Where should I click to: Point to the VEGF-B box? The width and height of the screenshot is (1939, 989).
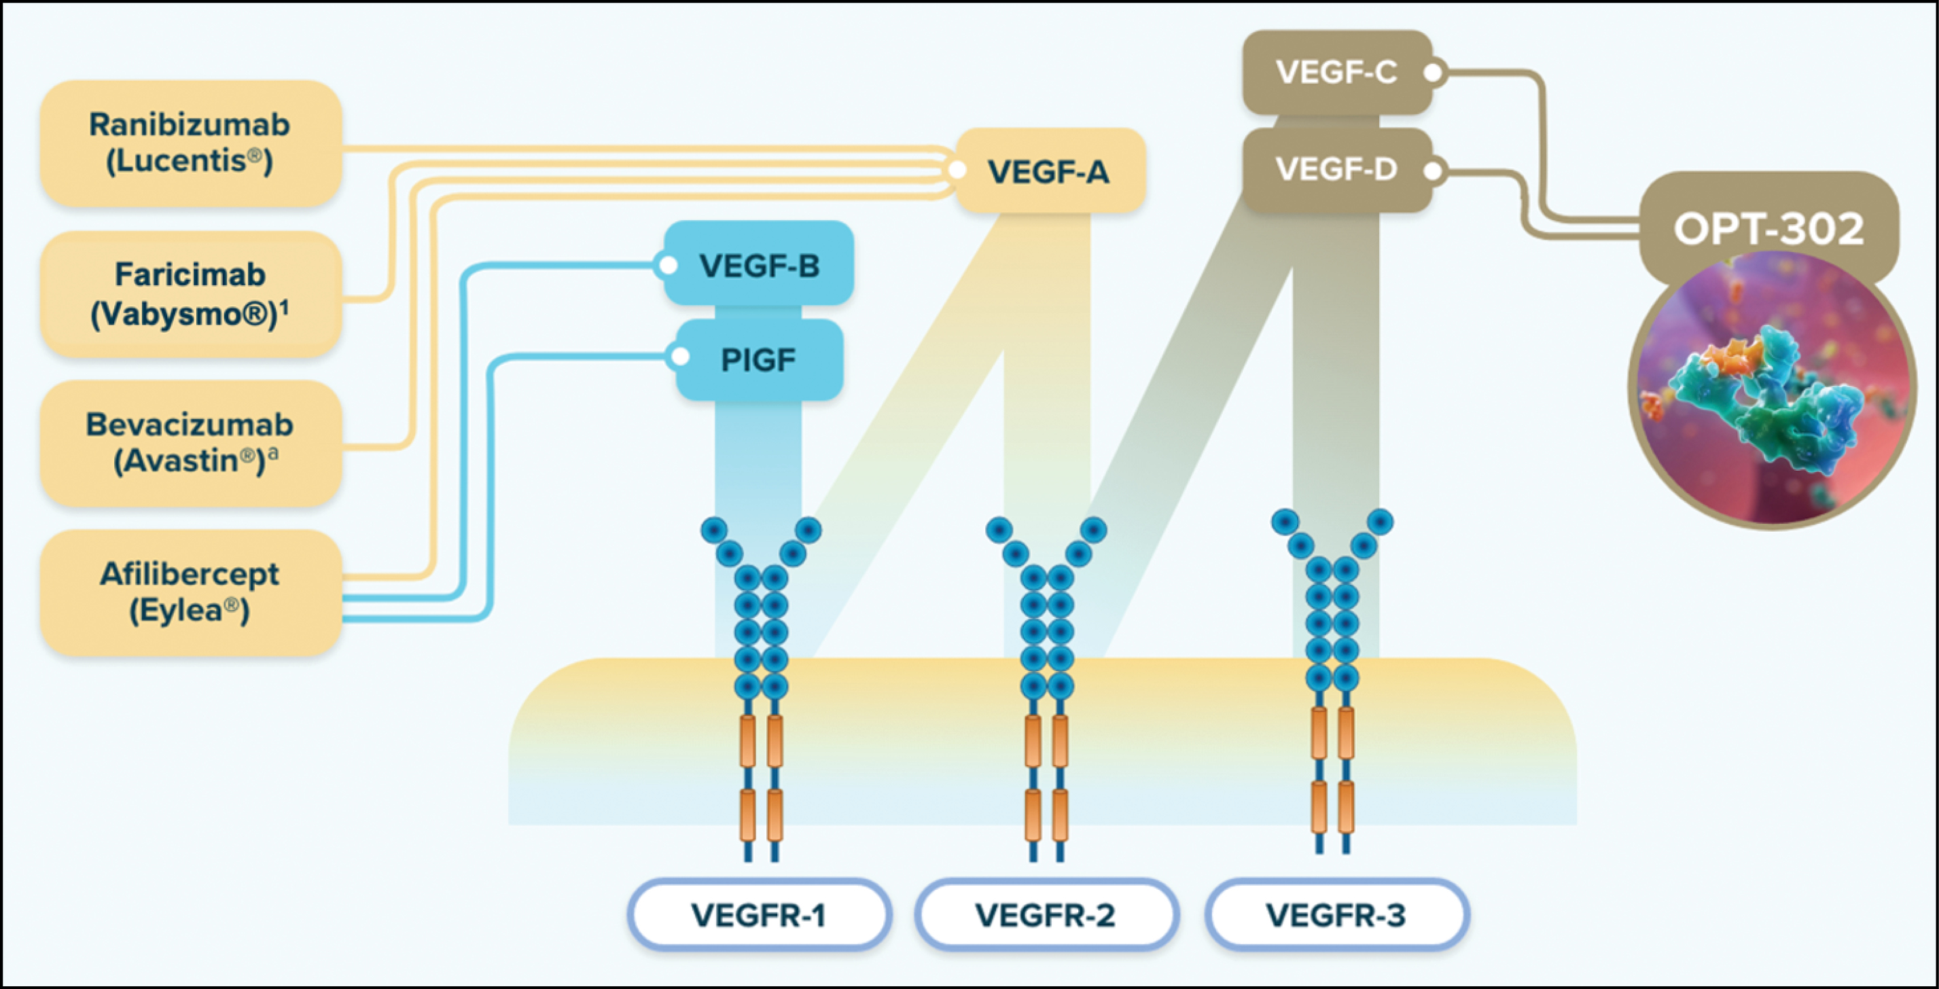(x=759, y=265)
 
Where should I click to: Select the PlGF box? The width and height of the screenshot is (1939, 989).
(x=759, y=360)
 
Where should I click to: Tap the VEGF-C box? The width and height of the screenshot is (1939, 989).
(x=1336, y=72)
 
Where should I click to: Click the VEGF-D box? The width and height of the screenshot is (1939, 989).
(x=1336, y=169)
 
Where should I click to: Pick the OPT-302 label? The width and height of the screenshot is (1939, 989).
(x=1768, y=228)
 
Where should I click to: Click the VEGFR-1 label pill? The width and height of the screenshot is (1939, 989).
(x=759, y=914)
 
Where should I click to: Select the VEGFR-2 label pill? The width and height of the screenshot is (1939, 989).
(x=1046, y=914)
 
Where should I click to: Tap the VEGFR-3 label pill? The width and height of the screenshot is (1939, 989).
(x=1336, y=914)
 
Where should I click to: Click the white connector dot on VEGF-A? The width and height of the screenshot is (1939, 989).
(x=957, y=170)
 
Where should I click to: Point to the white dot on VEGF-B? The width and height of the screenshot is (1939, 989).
(x=667, y=265)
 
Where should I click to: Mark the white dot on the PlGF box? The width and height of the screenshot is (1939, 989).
(x=679, y=357)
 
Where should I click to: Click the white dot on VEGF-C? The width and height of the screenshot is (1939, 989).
(x=1433, y=73)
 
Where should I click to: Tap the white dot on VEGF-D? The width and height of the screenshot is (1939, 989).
(x=1433, y=171)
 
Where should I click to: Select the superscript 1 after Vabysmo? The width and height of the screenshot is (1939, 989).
(x=285, y=306)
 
